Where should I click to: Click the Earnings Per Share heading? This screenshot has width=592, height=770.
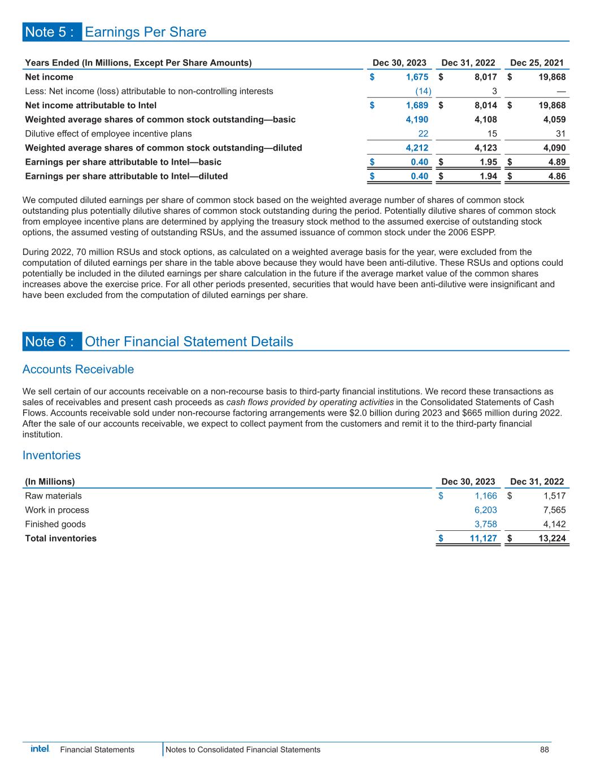145,32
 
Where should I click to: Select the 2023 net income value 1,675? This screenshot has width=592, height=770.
417,77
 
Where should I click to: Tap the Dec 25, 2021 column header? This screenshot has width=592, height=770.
537,63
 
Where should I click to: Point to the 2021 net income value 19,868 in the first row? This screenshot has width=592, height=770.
547,77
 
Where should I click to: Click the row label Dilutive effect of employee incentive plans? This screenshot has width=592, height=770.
108,134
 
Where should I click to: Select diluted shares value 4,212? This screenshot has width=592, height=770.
417,148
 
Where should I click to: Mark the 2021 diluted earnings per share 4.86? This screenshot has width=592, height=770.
555,176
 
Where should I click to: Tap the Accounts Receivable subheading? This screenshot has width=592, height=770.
78,369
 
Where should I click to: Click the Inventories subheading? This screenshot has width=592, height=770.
51,455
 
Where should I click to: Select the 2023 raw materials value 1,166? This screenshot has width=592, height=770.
486,496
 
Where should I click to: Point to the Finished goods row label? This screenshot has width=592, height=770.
55,524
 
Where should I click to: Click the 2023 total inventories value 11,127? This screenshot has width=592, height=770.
484,538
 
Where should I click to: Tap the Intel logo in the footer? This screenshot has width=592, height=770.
40,749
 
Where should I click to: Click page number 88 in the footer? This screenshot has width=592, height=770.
545,750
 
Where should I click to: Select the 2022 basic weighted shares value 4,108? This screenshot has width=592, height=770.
486,120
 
